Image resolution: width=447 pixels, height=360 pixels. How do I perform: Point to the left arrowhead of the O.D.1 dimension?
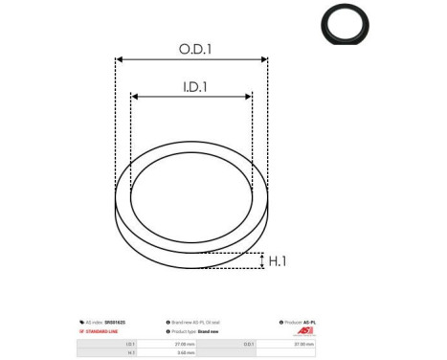pos(119,59)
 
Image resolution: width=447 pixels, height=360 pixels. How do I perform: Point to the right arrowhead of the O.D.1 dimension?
pos(265,59)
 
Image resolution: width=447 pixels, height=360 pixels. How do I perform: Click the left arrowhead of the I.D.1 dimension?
pos(135,97)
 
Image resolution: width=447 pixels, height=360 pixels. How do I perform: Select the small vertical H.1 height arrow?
pos(262,260)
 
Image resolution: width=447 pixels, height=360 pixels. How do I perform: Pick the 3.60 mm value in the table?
pos(186,352)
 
